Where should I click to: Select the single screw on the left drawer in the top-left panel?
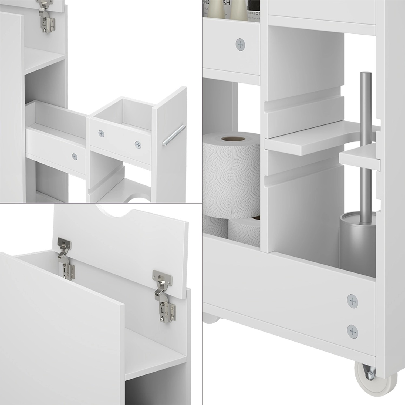pyautogui.click(x=74, y=156)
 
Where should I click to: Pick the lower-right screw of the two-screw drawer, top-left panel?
pyautogui.click(x=138, y=144)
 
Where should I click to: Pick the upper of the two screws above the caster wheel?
pyautogui.click(x=353, y=300)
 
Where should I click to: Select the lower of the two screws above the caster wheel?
pyautogui.click(x=353, y=330)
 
